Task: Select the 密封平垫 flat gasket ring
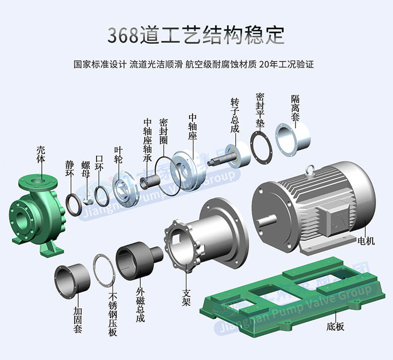pos(252,145)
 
